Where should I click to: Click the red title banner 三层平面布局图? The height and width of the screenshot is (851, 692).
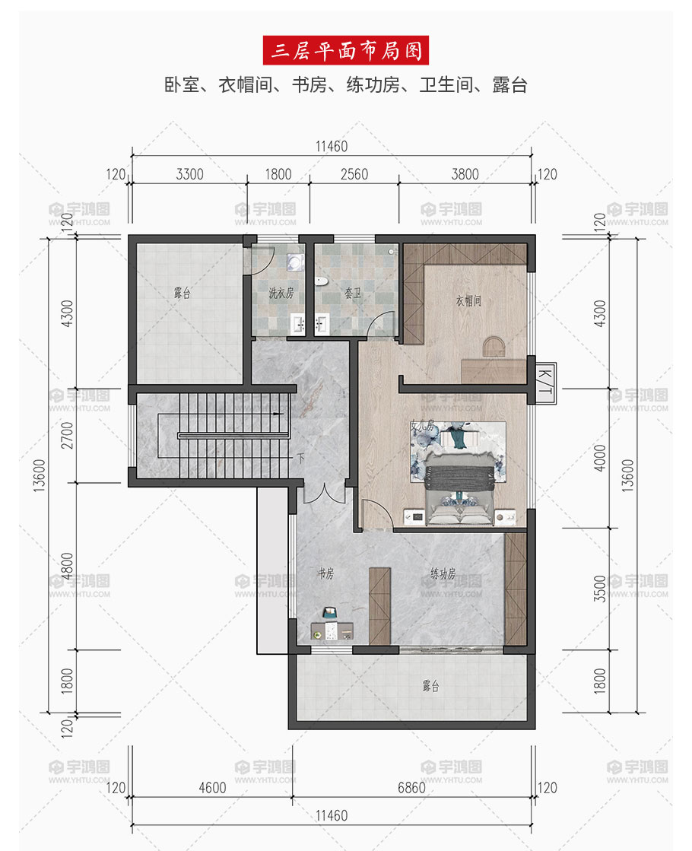point(346,50)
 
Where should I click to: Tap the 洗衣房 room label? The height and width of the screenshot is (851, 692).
point(281,293)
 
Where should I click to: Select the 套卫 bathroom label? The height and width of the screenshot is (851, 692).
point(353,293)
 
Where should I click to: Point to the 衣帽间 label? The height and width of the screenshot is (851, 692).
point(468,300)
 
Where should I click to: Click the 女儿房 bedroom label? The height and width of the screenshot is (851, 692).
point(422,426)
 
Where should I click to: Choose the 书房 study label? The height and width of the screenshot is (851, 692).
point(325,573)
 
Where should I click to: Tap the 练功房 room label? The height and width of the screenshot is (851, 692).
point(443,573)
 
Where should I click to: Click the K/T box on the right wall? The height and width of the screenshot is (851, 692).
point(545,383)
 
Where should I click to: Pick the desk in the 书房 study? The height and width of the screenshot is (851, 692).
point(332,630)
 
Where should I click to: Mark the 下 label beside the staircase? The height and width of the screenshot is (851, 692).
point(300,458)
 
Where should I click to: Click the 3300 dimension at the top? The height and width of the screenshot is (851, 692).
point(189,174)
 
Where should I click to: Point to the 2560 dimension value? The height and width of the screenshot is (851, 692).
point(354,174)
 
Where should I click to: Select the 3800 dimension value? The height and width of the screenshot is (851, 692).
point(465,174)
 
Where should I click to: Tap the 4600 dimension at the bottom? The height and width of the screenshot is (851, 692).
point(212,788)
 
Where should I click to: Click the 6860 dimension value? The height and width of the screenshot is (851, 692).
point(411,788)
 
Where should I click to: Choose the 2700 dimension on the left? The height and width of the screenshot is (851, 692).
point(67,435)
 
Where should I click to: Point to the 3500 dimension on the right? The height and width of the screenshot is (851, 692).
point(599,589)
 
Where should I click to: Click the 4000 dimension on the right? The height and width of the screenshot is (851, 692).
point(599,458)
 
